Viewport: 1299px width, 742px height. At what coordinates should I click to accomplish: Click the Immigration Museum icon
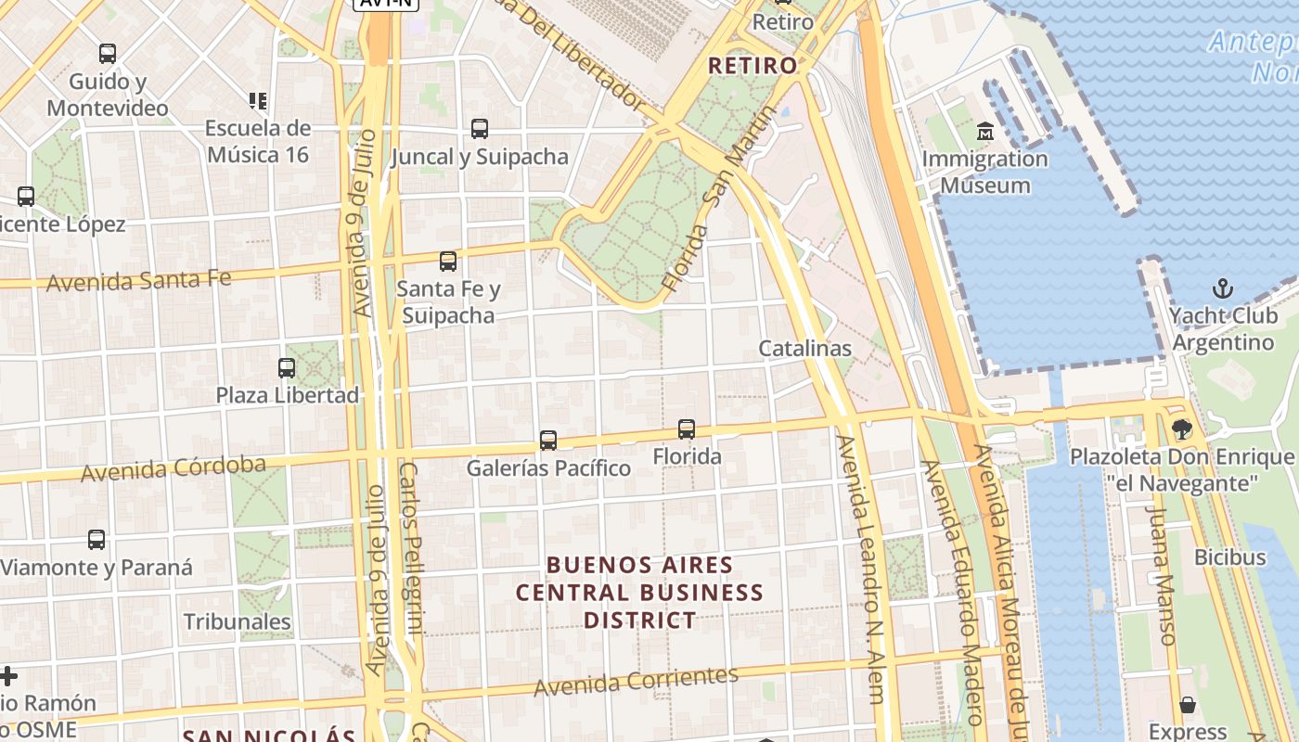pyautogui.click(x=984, y=132)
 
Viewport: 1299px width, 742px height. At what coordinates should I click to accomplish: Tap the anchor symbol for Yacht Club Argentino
pyautogui.click(x=1223, y=288)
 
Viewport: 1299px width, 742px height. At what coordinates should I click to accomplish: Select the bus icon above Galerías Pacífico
pyautogui.click(x=548, y=440)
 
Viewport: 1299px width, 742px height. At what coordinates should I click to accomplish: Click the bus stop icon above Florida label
pyautogui.click(x=687, y=429)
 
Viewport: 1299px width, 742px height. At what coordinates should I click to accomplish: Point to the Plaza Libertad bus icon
pyautogui.click(x=287, y=368)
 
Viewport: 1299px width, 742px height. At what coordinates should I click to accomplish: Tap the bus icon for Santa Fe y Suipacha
pyautogui.click(x=448, y=262)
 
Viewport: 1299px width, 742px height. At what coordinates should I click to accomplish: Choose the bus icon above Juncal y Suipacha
pyautogui.click(x=480, y=129)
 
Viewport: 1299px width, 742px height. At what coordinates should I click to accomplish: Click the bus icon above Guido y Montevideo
pyautogui.click(x=108, y=54)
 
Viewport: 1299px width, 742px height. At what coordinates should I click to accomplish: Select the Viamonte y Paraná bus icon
pyautogui.click(x=96, y=540)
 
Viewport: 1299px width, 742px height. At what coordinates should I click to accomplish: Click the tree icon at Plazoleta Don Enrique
pyautogui.click(x=1181, y=429)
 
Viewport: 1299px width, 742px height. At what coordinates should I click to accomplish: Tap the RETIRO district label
pyautogui.click(x=752, y=66)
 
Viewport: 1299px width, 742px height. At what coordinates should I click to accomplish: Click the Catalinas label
pyautogui.click(x=804, y=349)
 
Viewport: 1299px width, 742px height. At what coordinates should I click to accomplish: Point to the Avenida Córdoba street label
pyautogui.click(x=174, y=468)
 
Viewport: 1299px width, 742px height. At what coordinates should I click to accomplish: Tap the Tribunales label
pyautogui.click(x=238, y=621)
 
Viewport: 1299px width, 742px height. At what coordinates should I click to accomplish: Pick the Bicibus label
pyautogui.click(x=1230, y=557)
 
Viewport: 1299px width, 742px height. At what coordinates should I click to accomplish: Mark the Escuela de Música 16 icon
pyautogui.click(x=257, y=100)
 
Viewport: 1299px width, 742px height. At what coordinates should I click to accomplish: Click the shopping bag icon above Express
pyautogui.click(x=1188, y=705)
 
